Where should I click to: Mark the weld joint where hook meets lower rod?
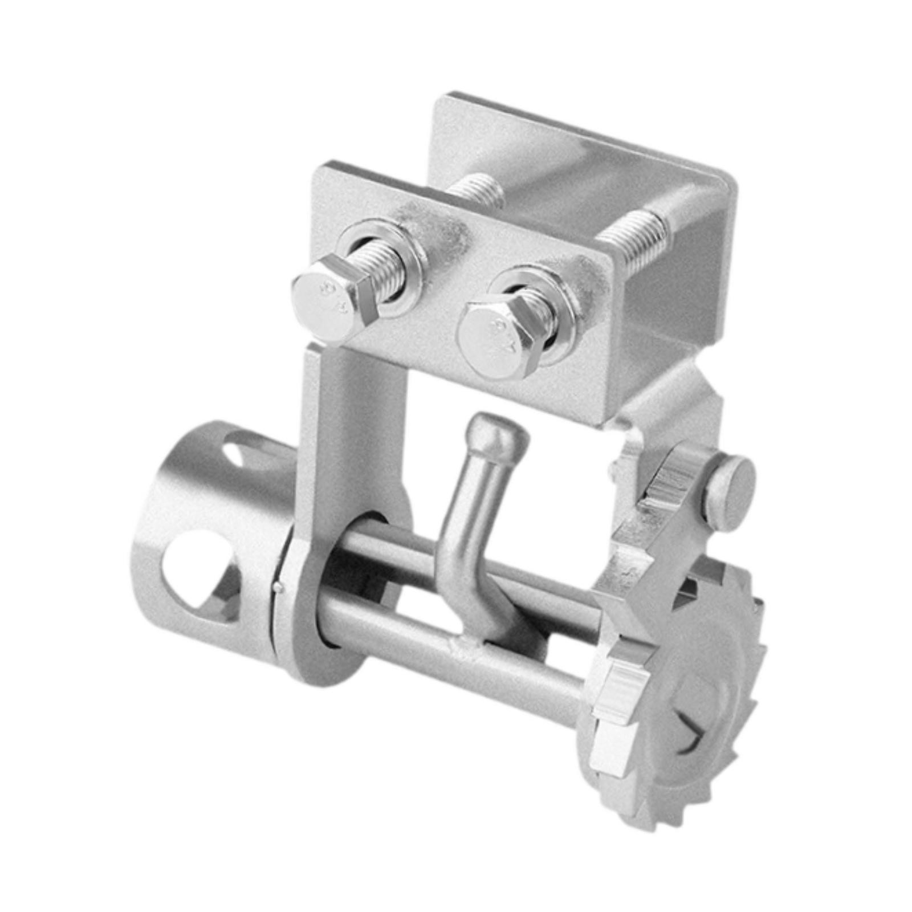coord(470,645)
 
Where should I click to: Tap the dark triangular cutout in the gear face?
coord(693,735)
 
